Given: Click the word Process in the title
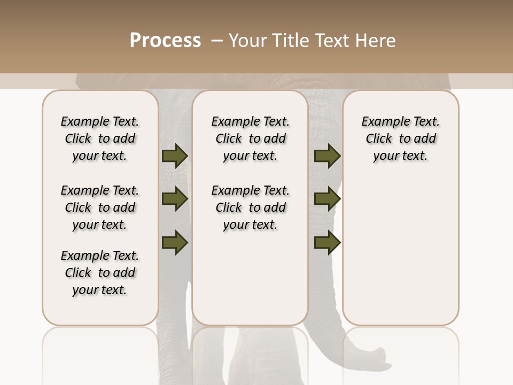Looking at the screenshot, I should click(165, 41).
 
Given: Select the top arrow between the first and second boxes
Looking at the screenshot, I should click(175, 156).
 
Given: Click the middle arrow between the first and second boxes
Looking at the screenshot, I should click(175, 199).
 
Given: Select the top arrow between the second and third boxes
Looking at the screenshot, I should click(327, 156).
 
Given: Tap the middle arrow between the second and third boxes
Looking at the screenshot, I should click(327, 199).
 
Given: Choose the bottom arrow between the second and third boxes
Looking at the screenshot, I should click(327, 242).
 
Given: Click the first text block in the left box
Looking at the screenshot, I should click(100, 138).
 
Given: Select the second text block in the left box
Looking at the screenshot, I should click(100, 207).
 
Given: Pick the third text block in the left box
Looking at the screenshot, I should click(100, 273).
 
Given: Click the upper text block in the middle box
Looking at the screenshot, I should click(250, 138).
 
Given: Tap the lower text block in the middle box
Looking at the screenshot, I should click(250, 207).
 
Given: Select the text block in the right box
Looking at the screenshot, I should click(400, 138).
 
